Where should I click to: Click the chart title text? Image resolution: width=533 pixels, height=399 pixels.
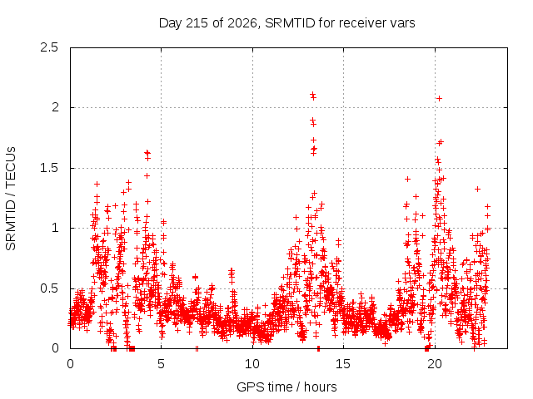point(286,23)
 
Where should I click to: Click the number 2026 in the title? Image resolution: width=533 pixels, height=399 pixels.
point(242,23)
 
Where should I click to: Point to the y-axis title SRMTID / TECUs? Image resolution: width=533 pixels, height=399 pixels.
point(11,199)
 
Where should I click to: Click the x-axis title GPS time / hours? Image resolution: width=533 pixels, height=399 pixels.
point(286,387)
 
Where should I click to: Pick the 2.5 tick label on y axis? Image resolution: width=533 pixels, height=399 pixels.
point(49,47)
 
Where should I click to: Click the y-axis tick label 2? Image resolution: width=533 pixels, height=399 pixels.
point(55,107)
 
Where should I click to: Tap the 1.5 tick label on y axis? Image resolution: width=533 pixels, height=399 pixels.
point(49,168)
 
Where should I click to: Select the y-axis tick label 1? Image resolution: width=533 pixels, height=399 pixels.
point(55,228)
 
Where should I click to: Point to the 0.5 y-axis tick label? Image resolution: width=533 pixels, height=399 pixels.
point(49,288)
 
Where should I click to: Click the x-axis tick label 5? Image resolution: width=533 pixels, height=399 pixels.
point(161,364)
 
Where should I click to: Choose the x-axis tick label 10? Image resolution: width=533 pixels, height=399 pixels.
point(252,364)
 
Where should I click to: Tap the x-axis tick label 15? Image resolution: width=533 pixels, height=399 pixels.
point(343,364)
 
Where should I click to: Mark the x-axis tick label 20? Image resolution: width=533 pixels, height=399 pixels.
point(435,364)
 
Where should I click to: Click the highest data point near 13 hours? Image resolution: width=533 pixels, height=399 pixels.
point(312,94)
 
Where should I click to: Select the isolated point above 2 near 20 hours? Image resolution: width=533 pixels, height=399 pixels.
point(439,98)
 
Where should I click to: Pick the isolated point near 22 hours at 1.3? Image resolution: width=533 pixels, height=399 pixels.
point(477,189)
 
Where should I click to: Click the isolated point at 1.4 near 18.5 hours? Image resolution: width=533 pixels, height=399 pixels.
point(407,180)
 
